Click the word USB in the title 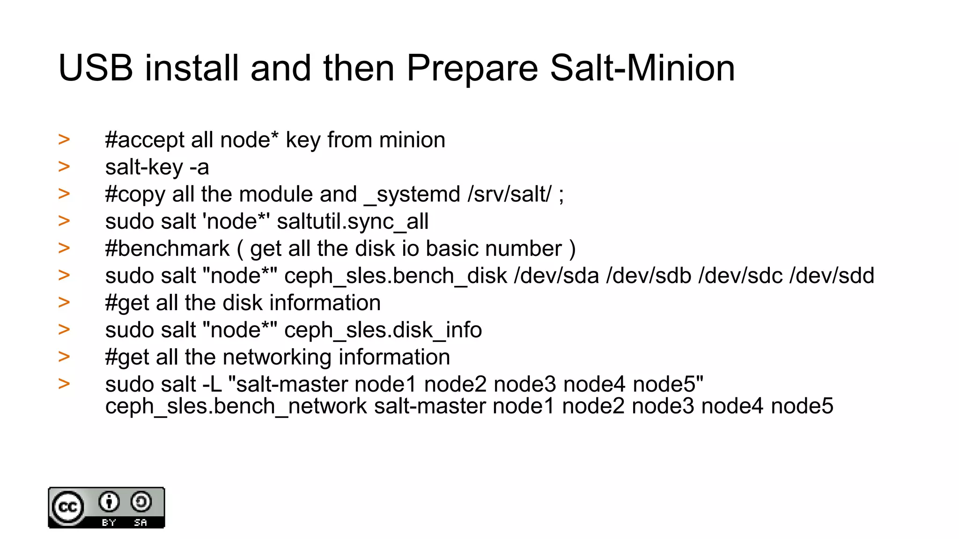coord(96,68)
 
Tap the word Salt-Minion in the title coord(642,68)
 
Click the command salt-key coord(144,168)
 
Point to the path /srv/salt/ coord(509,194)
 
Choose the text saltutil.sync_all coord(352,221)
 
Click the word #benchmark coord(167,248)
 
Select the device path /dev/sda coord(556,276)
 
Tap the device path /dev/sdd coord(832,276)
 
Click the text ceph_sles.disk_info coord(383,330)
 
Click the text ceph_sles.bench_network coord(236,406)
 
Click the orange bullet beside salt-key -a coord(64,167)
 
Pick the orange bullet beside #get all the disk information coord(64,302)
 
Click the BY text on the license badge coord(109,523)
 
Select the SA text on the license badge coord(140,523)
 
